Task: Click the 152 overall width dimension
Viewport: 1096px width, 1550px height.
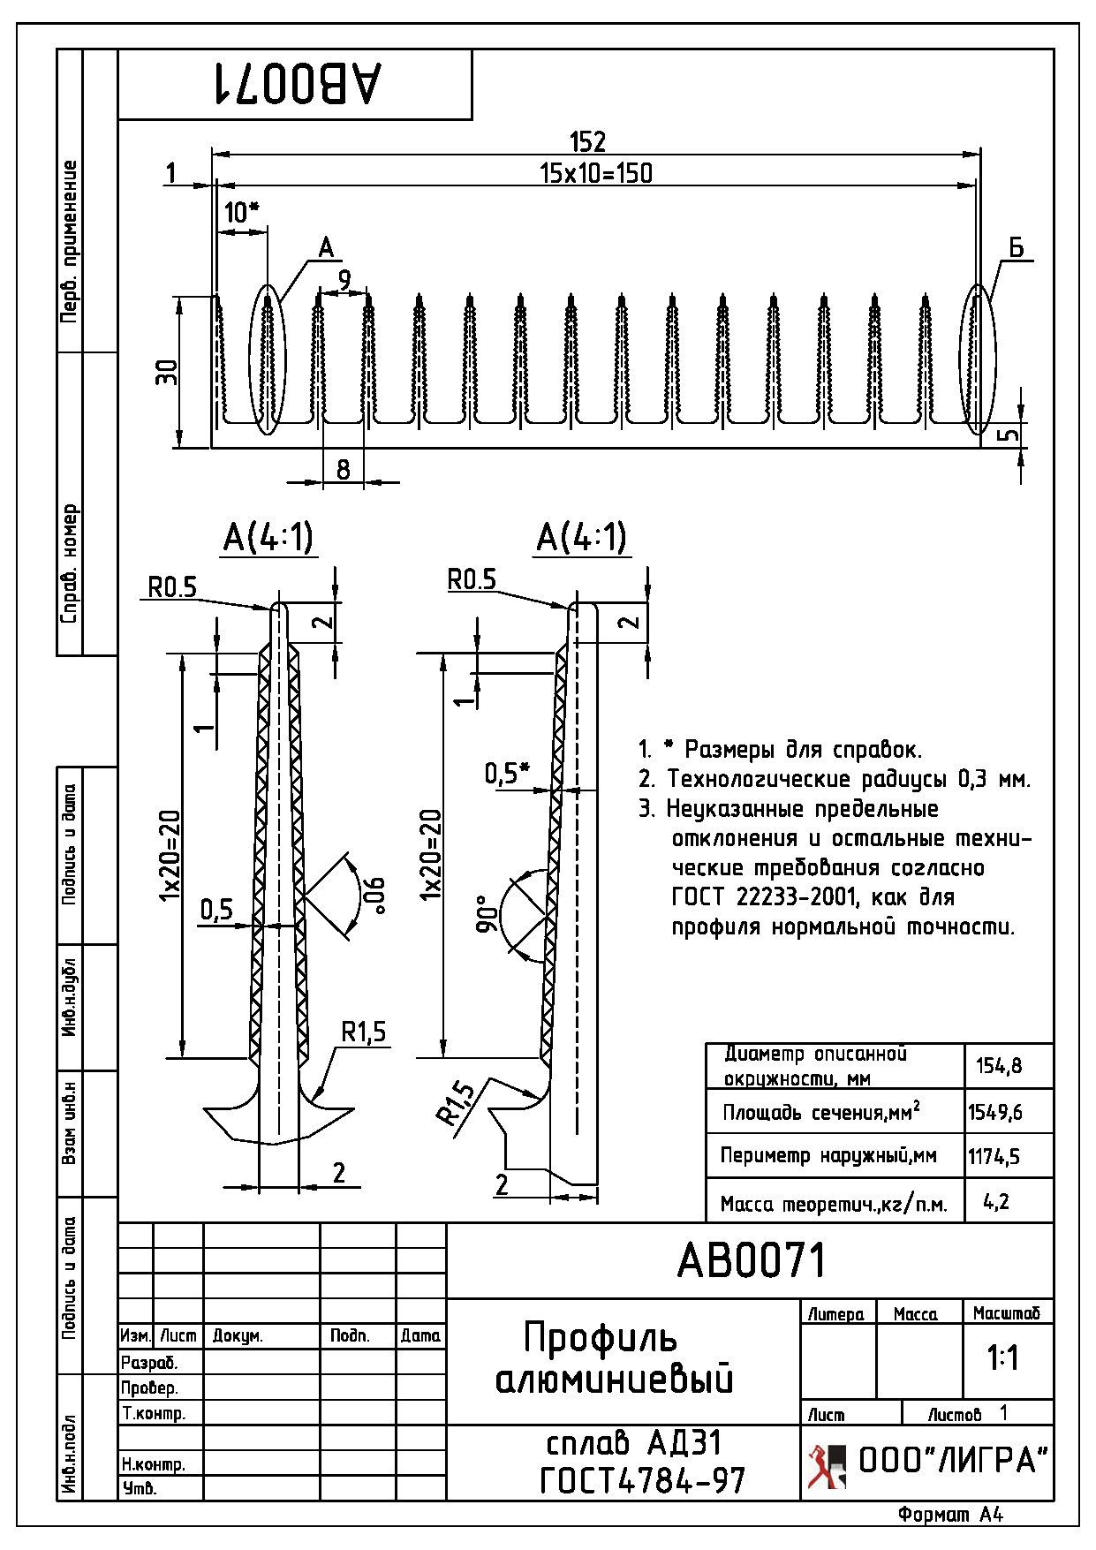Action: tap(587, 141)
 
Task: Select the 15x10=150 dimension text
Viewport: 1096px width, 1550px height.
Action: tap(596, 173)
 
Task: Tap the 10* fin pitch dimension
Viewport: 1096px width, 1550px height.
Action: tap(241, 213)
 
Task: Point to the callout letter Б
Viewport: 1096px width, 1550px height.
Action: tap(1016, 248)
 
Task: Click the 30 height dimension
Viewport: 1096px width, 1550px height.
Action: tap(167, 372)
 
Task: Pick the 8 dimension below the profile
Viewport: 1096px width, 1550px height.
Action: tap(344, 469)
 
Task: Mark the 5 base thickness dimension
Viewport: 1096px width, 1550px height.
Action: tap(1010, 435)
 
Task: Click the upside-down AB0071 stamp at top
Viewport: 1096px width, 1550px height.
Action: tap(296, 83)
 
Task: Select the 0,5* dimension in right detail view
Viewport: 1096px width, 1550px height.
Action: tap(506, 774)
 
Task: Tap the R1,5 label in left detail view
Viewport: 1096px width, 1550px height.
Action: tap(364, 1032)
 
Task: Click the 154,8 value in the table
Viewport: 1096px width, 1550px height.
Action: tap(999, 1066)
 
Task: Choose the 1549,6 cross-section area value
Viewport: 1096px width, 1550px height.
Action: tap(995, 1112)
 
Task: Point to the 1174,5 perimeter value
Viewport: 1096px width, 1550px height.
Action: tap(994, 1156)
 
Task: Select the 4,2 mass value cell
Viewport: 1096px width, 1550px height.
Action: tap(996, 1201)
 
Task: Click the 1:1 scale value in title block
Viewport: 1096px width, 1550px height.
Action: tap(1004, 1358)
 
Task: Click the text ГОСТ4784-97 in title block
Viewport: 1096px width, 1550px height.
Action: tap(642, 1481)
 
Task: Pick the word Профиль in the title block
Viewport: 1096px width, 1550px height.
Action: tap(601, 1338)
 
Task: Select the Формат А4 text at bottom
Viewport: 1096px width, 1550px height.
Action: tap(951, 1516)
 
